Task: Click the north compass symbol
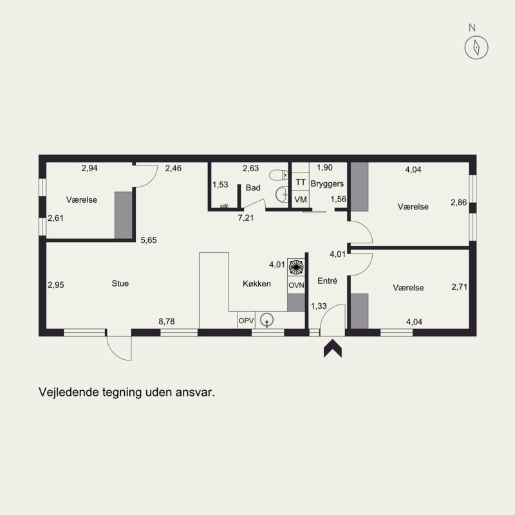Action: click(476, 46)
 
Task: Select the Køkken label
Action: click(257, 284)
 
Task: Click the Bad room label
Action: click(253, 188)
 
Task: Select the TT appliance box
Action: click(300, 183)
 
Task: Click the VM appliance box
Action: click(300, 200)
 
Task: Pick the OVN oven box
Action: click(295, 285)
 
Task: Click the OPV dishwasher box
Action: click(246, 320)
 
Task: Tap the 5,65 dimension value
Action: click(149, 240)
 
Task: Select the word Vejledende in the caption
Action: click(68, 391)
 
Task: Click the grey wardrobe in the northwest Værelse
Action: click(123, 214)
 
